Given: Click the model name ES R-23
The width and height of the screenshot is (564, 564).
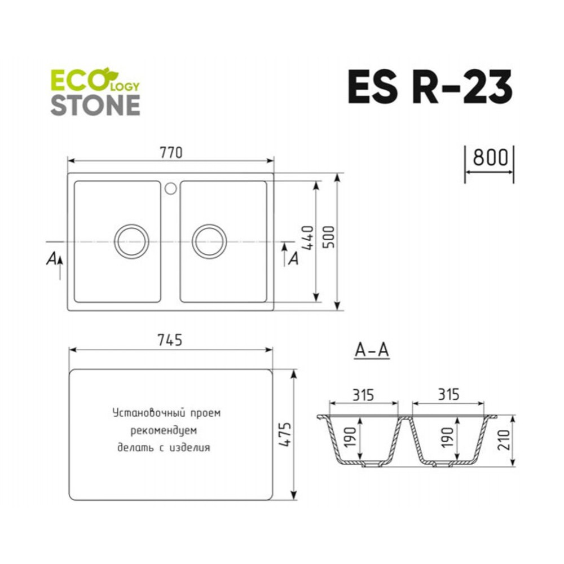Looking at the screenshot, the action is [x=430, y=87].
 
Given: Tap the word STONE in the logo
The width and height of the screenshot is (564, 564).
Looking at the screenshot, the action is [x=95, y=105].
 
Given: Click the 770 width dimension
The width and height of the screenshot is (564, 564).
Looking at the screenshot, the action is [x=171, y=152].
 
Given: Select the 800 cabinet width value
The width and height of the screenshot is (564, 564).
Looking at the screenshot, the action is [x=490, y=157].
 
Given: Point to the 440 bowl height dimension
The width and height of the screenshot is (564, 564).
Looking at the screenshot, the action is [x=308, y=238].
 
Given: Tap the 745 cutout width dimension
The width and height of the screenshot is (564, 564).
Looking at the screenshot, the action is [x=170, y=340].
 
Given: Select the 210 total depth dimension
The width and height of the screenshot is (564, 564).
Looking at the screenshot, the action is [x=504, y=439].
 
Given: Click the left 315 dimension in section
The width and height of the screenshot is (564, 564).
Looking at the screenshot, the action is [x=363, y=395].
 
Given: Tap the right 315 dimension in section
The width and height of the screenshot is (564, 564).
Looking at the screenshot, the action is [x=448, y=395].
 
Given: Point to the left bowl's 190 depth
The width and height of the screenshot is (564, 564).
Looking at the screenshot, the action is [x=350, y=437].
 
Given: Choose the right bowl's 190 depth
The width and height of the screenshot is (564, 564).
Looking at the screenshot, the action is [x=447, y=437].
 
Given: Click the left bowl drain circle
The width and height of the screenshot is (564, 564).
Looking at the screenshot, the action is [x=131, y=224].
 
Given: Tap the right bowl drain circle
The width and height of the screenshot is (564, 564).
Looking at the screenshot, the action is [x=209, y=224].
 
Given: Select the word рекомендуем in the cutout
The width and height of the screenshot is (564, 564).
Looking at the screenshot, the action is [x=164, y=430].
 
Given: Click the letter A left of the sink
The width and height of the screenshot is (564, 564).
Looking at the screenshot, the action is [x=51, y=259].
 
